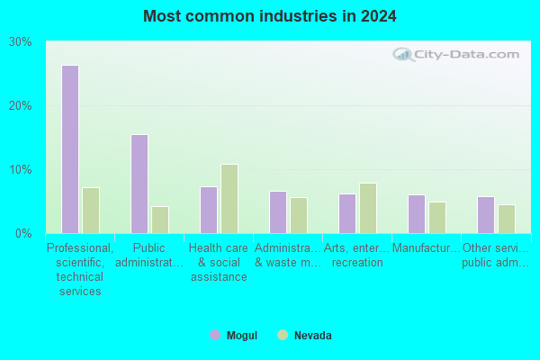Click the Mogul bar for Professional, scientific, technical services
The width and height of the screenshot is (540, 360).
click(70, 149)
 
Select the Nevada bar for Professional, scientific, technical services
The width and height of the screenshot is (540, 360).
click(91, 211)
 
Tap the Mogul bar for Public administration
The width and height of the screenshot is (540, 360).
click(139, 184)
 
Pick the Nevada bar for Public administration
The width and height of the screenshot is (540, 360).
click(160, 220)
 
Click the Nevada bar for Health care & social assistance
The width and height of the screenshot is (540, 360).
click(229, 199)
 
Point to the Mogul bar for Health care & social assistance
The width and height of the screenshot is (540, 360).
click(209, 210)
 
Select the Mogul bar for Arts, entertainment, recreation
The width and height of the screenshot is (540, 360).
click(347, 213)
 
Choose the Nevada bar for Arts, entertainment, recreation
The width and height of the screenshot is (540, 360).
click(368, 208)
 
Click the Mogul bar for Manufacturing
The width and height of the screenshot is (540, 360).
click(417, 214)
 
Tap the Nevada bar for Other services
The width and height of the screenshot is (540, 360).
click(507, 219)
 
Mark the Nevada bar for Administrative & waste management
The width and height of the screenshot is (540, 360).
click(299, 215)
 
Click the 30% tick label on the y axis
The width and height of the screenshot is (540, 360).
click(21, 42)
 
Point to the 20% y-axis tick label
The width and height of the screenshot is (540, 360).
click(21, 106)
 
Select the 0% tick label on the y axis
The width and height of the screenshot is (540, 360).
click(23, 234)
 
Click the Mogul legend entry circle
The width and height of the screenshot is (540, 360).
click(215, 335)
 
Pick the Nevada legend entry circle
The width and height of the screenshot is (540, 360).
click(283, 335)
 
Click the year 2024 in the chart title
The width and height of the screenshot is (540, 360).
click(379, 16)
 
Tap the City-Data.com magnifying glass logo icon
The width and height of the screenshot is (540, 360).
click(403, 54)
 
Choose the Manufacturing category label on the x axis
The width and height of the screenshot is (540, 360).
click(427, 248)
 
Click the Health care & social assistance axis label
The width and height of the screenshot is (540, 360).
click(219, 262)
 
